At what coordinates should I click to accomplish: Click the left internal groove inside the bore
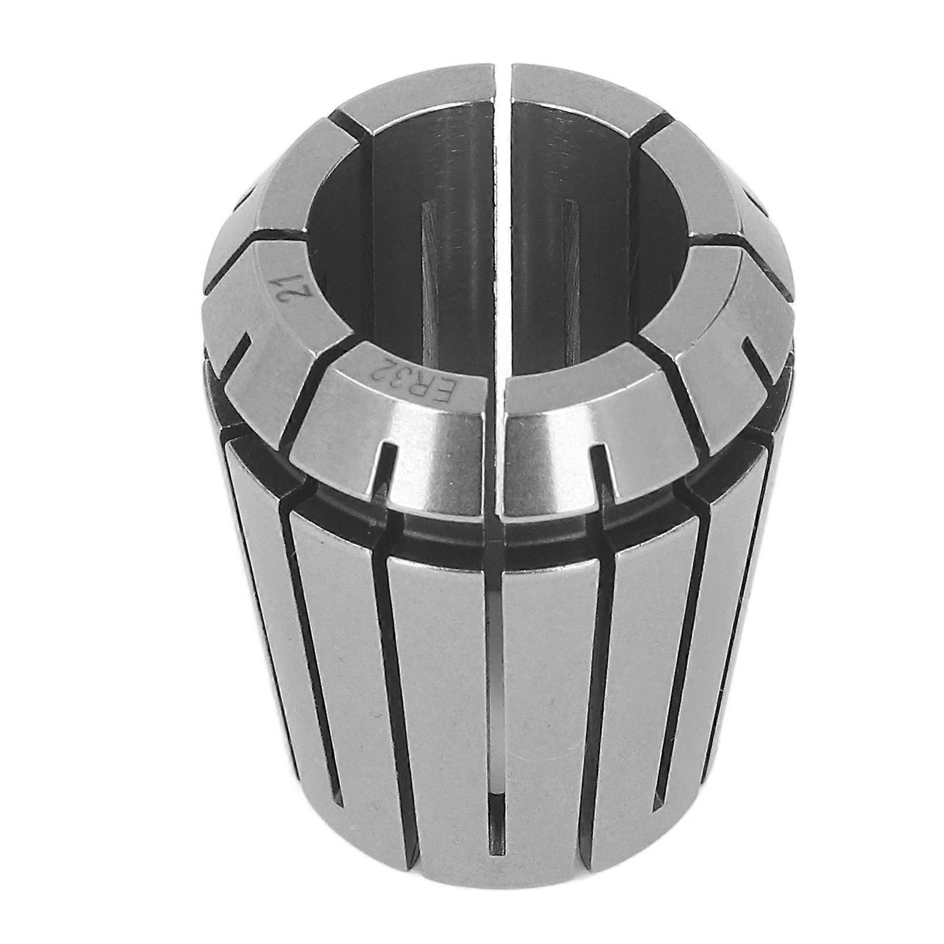click(428, 283)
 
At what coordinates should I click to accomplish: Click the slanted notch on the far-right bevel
click(761, 360)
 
